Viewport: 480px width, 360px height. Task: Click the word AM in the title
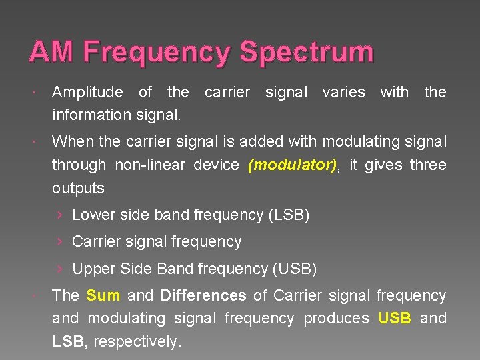click(52, 52)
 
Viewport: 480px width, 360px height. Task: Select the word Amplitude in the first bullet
click(87, 92)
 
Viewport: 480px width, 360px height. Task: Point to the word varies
click(343, 92)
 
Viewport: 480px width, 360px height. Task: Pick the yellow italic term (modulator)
click(292, 165)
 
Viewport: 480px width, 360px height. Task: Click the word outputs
click(78, 188)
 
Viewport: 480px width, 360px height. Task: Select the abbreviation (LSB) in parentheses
click(289, 215)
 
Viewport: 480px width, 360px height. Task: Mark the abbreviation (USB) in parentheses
click(295, 269)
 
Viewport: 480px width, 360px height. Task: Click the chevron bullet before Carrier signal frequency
click(60, 242)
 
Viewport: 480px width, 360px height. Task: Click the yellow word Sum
click(103, 295)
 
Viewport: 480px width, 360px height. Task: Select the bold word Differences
click(203, 295)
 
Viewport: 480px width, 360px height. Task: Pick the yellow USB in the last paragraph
click(395, 318)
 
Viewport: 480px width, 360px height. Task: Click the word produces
click(336, 318)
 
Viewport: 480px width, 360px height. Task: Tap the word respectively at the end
click(137, 341)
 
